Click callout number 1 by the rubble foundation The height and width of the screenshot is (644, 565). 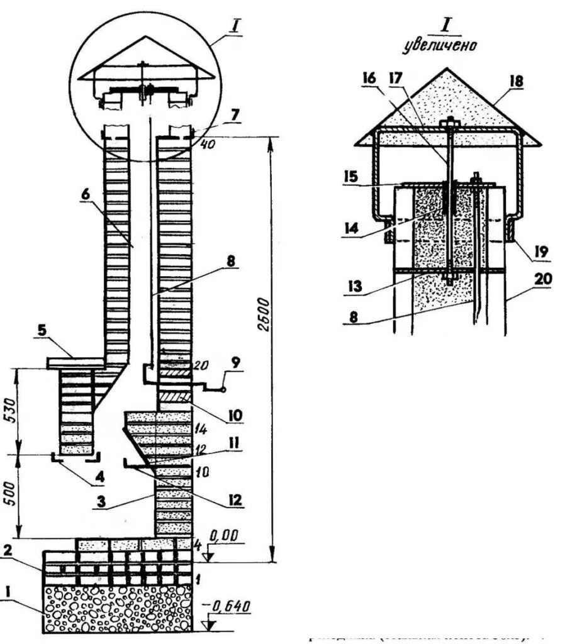coord(8,592)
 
